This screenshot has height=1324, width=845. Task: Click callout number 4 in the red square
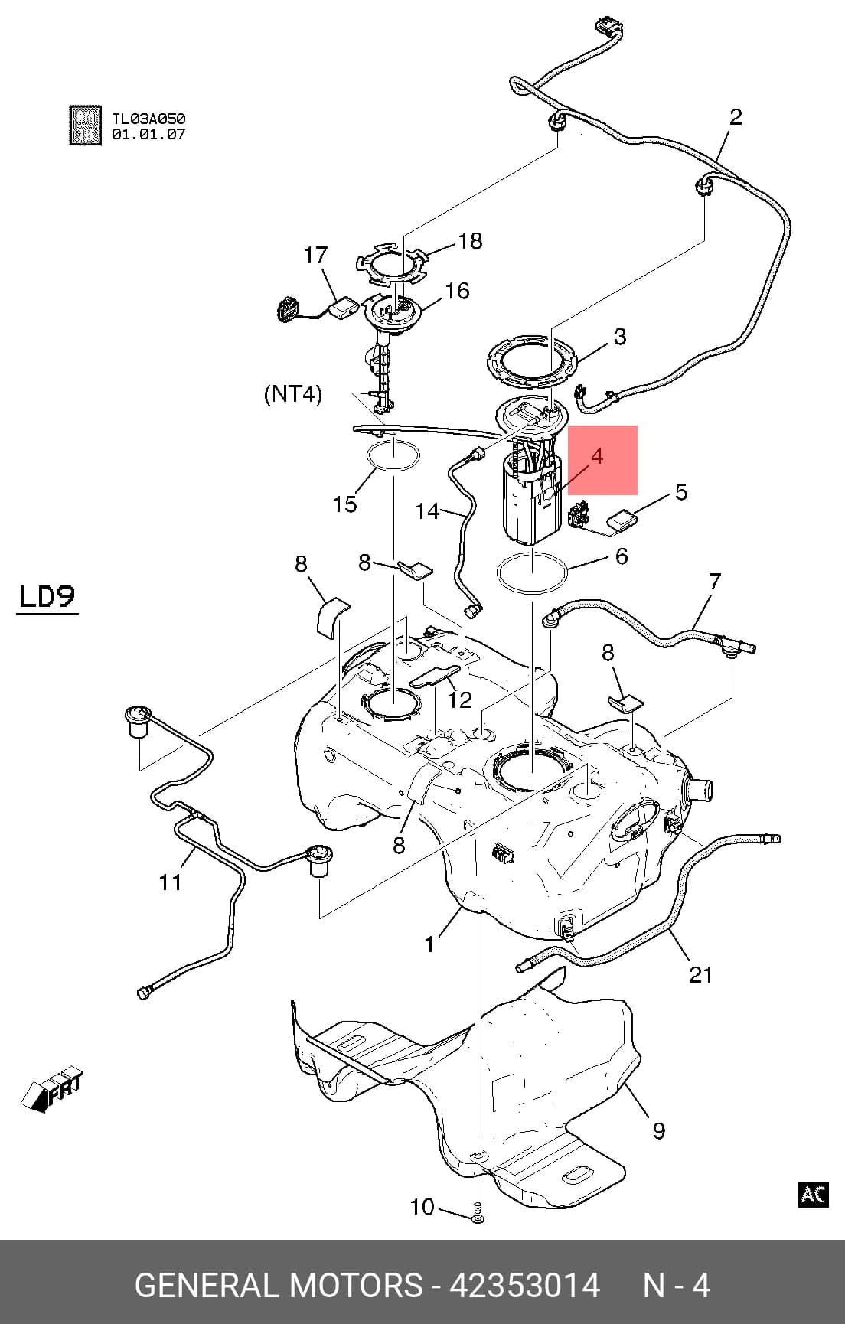(x=597, y=457)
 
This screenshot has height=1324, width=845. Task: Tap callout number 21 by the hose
(x=700, y=974)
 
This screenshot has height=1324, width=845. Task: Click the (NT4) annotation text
(x=293, y=395)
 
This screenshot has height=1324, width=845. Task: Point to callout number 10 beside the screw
(x=422, y=1207)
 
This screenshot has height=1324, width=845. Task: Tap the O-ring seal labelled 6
(x=531, y=574)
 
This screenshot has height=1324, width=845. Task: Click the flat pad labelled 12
(x=435, y=677)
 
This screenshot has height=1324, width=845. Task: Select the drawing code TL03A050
(x=148, y=119)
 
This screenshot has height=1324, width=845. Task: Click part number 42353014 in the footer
(x=524, y=1285)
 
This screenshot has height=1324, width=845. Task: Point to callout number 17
(x=316, y=255)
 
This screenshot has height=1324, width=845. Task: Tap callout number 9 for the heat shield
(x=659, y=1130)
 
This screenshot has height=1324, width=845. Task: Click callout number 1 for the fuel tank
(x=430, y=944)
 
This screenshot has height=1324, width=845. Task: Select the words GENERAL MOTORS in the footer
(x=279, y=1285)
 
